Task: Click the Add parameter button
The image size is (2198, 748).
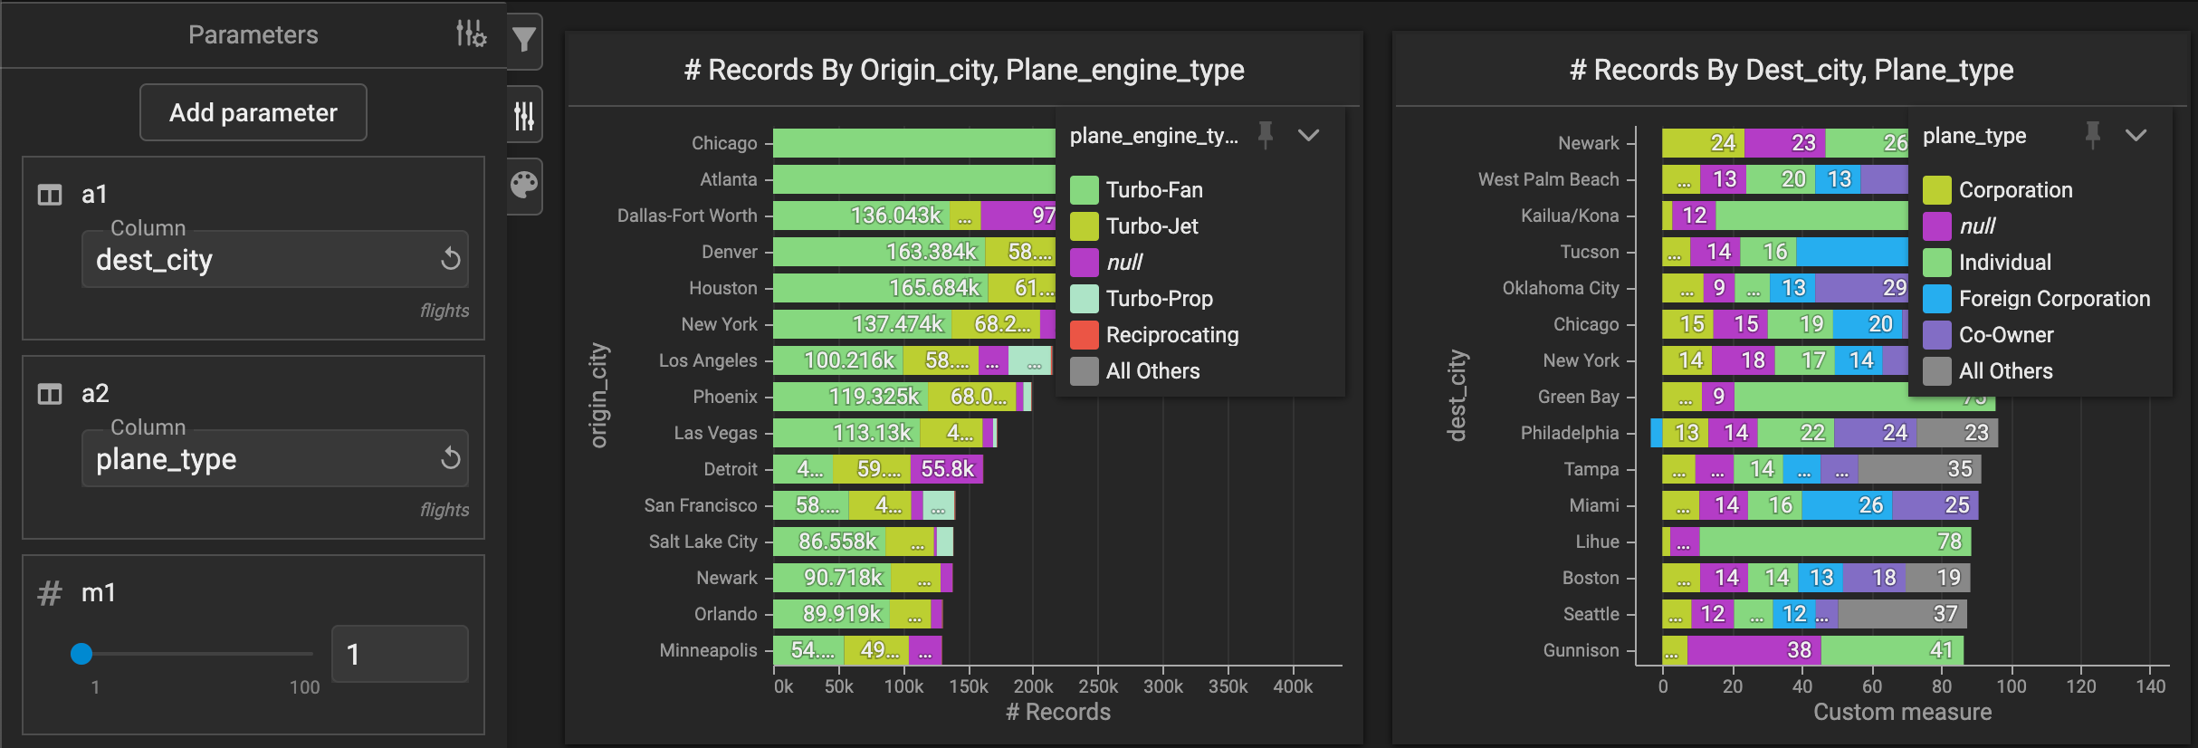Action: pyautogui.click(x=253, y=112)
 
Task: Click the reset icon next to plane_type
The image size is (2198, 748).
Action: pyautogui.click(x=450, y=458)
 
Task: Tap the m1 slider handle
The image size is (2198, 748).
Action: pyautogui.click(x=81, y=654)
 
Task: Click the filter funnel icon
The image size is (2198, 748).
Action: pyautogui.click(x=524, y=40)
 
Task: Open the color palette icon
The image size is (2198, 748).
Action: pyautogui.click(x=524, y=186)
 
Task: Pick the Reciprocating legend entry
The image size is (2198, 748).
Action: pyautogui.click(x=1171, y=335)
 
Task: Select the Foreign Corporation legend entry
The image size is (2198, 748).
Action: pyautogui.click(x=2053, y=299)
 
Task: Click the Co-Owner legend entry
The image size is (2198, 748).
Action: pyautogui.click(x=2005, y=335)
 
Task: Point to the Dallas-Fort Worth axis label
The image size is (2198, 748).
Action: pyautogui.click(x=687, y=216)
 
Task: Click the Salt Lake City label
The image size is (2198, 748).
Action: pyautogui.click(x=702, y=542)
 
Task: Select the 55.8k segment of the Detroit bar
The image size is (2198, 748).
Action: pyautogui.click(x=947, y=469)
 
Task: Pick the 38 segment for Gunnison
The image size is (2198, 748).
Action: pyautogui.click(x=1754, y=650)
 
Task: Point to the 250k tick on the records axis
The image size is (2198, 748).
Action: pyautogui.click(x=1098, y=686)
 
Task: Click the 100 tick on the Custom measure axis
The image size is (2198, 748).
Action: pyautogui.click(x=2011, y=686)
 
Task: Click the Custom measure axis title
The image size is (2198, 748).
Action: pyautogui.click(x=1902, y=713)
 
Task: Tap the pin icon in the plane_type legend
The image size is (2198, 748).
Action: pyautogui.click(x=2092, y=135)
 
